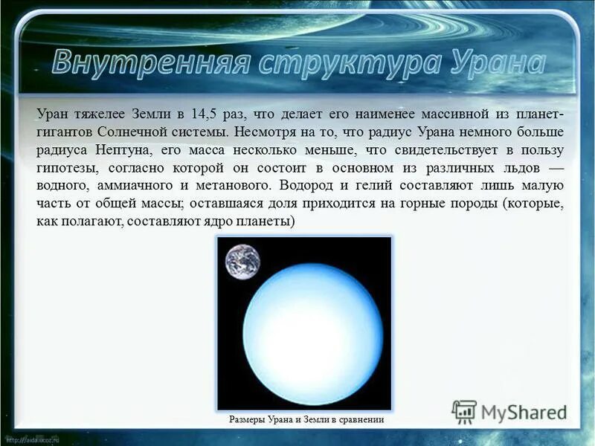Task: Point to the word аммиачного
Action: click(x=132, y=186)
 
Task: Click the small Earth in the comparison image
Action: click(x=243, y=262)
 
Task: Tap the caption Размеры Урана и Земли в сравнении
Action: click(x=307, y=420)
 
